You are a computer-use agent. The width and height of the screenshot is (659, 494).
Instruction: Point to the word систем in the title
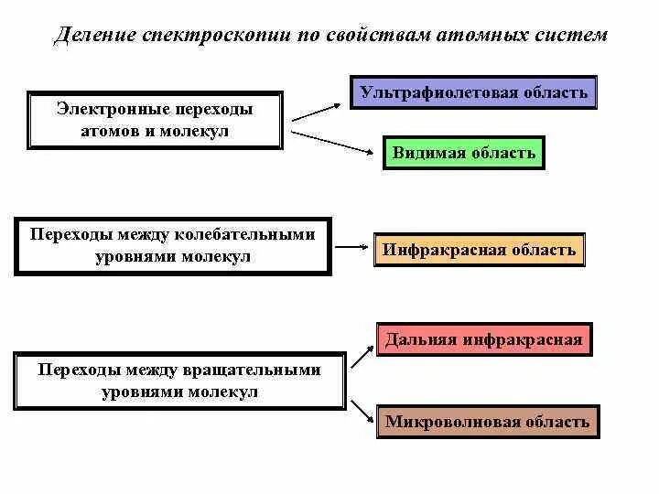click(570, 36)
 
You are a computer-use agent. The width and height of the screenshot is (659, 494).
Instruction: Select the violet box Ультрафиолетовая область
click(473, 92)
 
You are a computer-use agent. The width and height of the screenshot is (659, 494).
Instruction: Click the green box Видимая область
click(463, 153)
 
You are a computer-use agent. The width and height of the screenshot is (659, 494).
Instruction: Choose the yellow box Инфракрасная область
click(479, 250)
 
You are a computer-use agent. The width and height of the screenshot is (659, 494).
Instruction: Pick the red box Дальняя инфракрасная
click(483, 339)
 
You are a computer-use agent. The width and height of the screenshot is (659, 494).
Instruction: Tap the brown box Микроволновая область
click(487, 422)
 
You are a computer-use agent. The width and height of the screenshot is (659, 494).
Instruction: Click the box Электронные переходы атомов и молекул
click(155, 121)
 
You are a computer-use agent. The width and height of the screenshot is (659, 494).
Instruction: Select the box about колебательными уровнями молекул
click(172, 245)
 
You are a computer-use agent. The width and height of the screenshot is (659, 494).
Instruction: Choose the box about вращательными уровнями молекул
click(179, 381)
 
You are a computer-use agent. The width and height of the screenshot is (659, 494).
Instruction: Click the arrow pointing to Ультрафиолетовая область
click(315, 110)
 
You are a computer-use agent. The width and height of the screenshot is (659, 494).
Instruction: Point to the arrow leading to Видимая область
click(335, 142)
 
